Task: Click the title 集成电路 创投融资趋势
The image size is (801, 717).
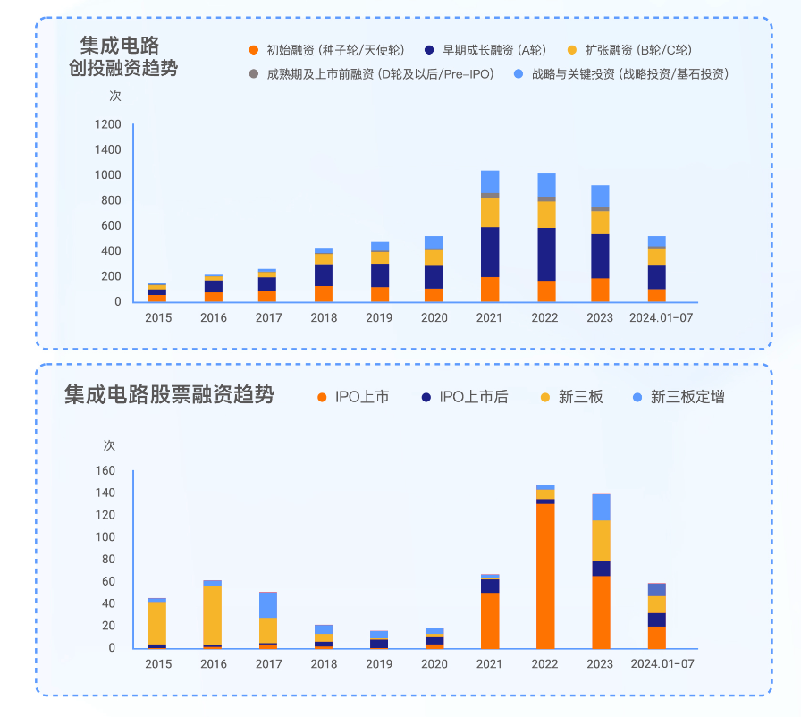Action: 122,55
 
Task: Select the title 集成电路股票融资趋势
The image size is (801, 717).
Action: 169,394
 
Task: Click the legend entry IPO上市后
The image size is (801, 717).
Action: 473,397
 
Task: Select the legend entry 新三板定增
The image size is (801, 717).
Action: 687,397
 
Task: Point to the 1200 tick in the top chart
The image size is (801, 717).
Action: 106,124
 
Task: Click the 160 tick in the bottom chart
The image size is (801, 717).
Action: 105,471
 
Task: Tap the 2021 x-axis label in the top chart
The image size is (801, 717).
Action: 489,317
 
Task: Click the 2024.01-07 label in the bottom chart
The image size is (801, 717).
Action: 662,663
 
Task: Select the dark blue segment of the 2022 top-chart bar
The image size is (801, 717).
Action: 545,254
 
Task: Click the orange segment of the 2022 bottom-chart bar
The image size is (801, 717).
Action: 545,576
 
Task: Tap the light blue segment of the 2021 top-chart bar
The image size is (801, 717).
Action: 490,181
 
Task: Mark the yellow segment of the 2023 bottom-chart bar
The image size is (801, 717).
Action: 601,540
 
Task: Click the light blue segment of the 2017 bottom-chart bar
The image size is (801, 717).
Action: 268,605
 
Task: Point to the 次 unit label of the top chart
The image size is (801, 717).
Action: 115,96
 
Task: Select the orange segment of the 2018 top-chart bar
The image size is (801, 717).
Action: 324,293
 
